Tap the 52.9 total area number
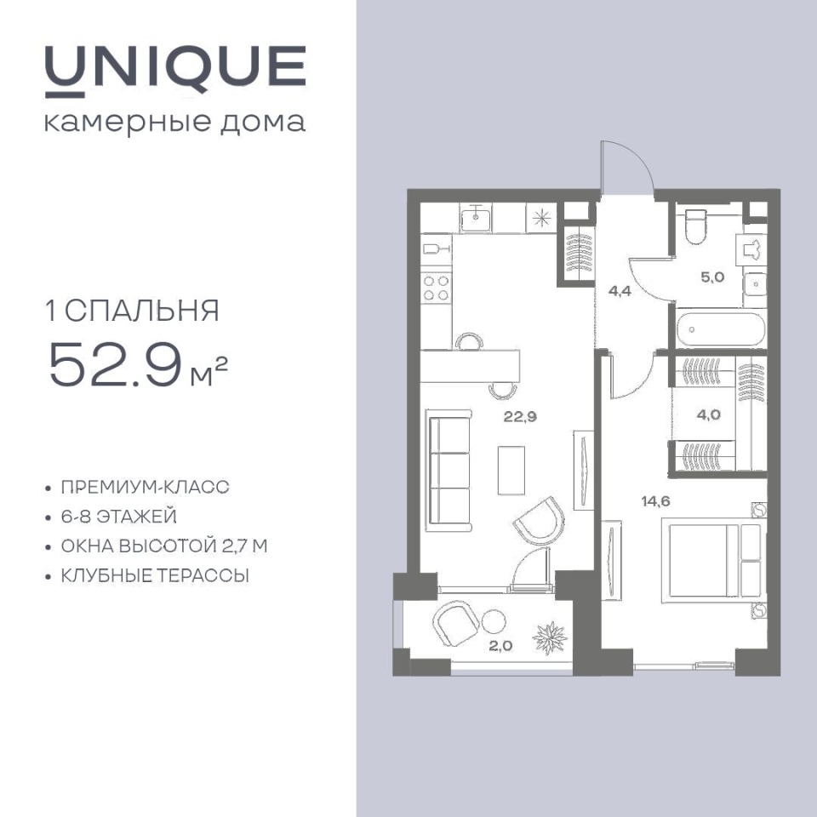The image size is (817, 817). [x=115, y=365]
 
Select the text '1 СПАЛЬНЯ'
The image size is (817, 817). [x=133, y=311]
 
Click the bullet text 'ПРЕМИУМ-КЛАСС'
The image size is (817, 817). [x=145, y=487]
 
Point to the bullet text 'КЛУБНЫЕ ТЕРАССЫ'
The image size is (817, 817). [x=155, y=576]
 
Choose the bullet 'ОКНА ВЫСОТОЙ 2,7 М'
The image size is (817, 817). [x=164, y=546]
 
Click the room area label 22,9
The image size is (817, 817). [x=520, y=416]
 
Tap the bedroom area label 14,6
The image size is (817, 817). [x=655, y=501]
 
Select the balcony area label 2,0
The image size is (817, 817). [x=500, y=646]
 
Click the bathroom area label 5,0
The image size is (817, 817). [x=712, y=277]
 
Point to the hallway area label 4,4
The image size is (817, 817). [x=620, y=291]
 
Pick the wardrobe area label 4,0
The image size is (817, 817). [x=709, y=414]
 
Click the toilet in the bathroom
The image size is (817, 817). [x=695, y=226]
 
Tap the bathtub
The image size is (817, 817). [x=721, y=329]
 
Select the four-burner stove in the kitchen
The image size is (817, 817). [x=436, y=289]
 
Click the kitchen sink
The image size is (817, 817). [x=475, y=218]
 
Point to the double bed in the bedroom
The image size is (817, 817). [x=711, y=560]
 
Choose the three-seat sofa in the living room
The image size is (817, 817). [x=449, y=471]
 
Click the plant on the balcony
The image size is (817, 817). [x=549, y=637]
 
